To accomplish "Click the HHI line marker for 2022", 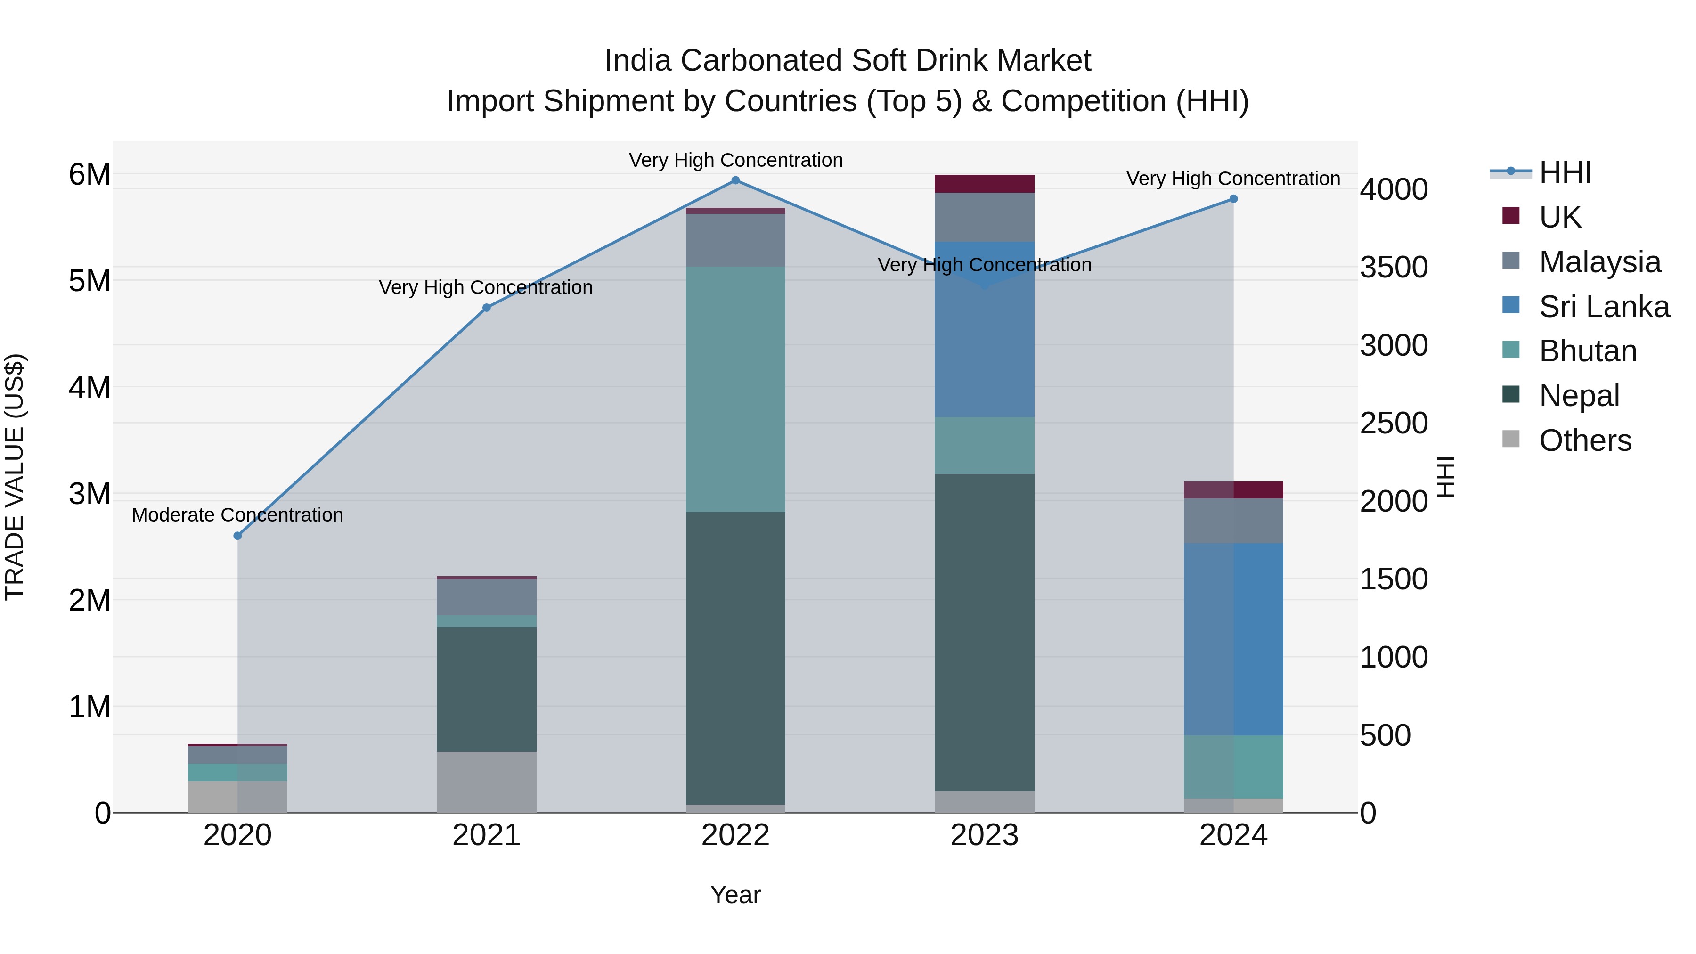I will [x=735, y=180].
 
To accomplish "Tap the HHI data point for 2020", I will [x=238, y=536].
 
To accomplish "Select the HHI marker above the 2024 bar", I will [x=1233, y=199].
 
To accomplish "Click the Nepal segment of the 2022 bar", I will [x=735, y=659].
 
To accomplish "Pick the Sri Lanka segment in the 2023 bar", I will [x=984, y=329].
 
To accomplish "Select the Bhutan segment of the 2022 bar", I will [x=735, y=389].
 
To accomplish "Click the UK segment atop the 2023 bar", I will [x=984, y=184].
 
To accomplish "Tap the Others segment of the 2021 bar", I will [x=487, y=782].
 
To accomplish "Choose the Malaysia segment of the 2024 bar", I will [x=1233, y=521].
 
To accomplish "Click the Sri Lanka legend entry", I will [x=1604, y=307].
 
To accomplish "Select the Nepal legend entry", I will [x=1579, y=396].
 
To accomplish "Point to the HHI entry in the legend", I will [x=1564, y=172].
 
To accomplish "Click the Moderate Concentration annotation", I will [x=238, y=515].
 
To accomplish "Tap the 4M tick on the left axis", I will [x=90, y=387].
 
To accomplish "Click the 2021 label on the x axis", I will [x=487, y=835].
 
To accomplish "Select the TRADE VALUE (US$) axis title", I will [x=15, y=477].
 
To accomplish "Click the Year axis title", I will [x=735, y=895].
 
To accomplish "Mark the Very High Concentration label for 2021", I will [x=486, y=288].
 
